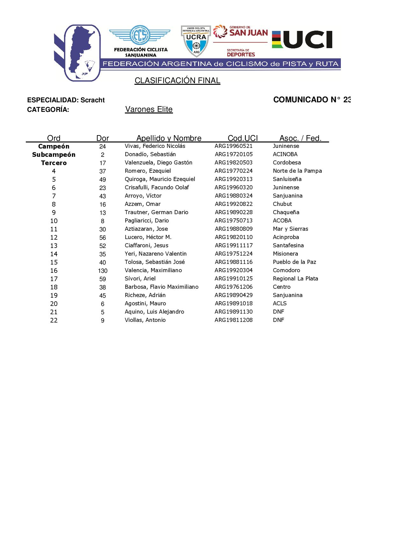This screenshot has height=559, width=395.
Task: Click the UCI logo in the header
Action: [302, 40]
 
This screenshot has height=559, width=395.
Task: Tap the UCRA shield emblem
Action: [196, 40]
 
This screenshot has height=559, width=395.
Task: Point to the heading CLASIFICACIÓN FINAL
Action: [177, 81]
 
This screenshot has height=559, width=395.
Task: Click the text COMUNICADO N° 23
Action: [312, 100]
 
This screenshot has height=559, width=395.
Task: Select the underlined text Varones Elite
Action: [149, 109]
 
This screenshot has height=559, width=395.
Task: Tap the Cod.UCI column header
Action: [243, 138]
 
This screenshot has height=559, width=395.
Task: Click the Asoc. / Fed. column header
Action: [300, 138]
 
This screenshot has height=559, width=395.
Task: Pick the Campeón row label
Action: [54, 146]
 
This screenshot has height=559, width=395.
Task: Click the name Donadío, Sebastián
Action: [150, 154]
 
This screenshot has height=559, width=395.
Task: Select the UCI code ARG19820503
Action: [233, 163]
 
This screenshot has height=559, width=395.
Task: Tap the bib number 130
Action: [103, 271]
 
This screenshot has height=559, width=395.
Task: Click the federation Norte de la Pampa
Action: [297, 171]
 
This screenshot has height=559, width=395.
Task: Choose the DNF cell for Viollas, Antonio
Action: [278, 320]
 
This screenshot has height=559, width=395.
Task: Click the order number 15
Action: [54, 262]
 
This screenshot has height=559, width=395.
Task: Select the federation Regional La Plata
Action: [295, 279]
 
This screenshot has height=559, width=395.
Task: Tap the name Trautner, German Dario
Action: [156, 212]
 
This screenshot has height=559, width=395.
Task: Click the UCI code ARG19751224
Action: [233, 254]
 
